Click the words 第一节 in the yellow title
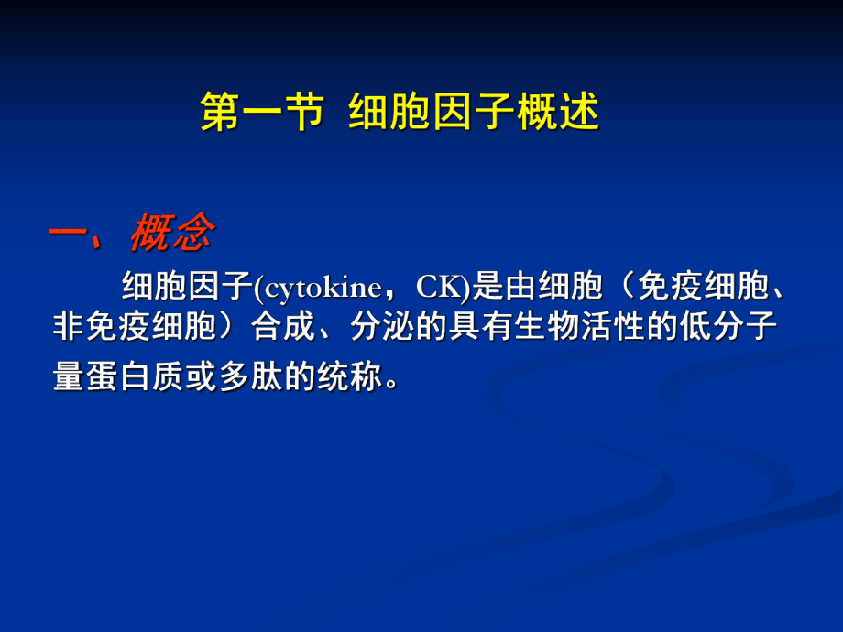tap(261, 114)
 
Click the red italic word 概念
tap(171, 234)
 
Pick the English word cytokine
tap(321, 288)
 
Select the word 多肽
tap(257, 377)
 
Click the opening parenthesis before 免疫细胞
tap(623, 288)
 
